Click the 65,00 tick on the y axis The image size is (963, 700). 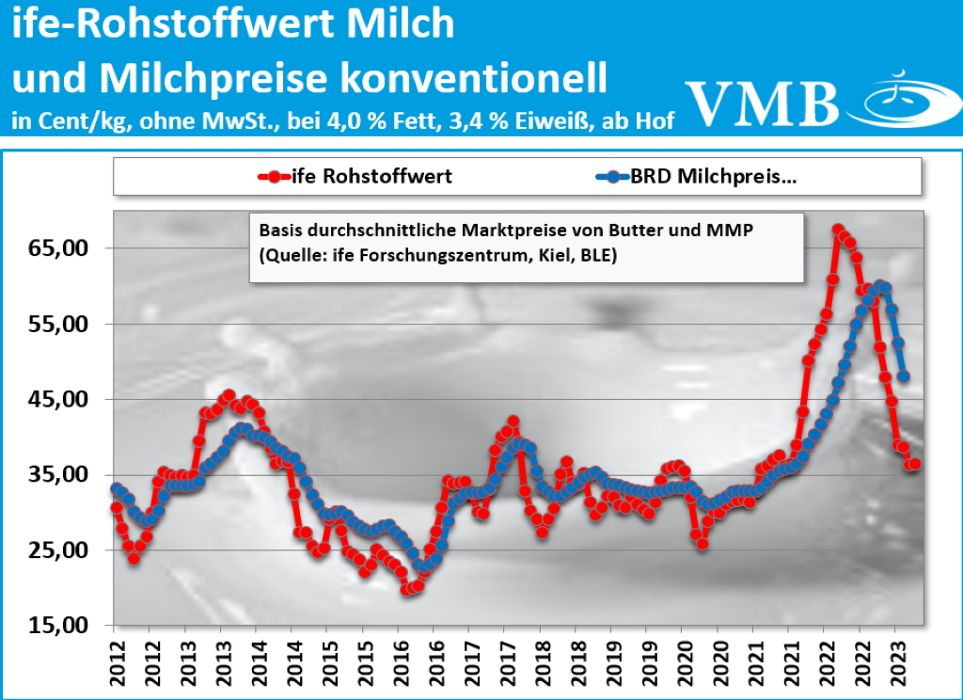[57, 248]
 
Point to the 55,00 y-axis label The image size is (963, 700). [57, 324]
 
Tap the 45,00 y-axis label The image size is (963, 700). [57, 399]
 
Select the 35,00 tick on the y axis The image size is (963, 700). [57, 474]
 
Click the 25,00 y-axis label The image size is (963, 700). [57, 549]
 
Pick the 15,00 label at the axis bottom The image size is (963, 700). [57, 625]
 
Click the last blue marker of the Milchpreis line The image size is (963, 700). [904, 376]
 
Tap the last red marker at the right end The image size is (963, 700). [914, 464]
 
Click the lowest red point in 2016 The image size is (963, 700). [407, 590]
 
